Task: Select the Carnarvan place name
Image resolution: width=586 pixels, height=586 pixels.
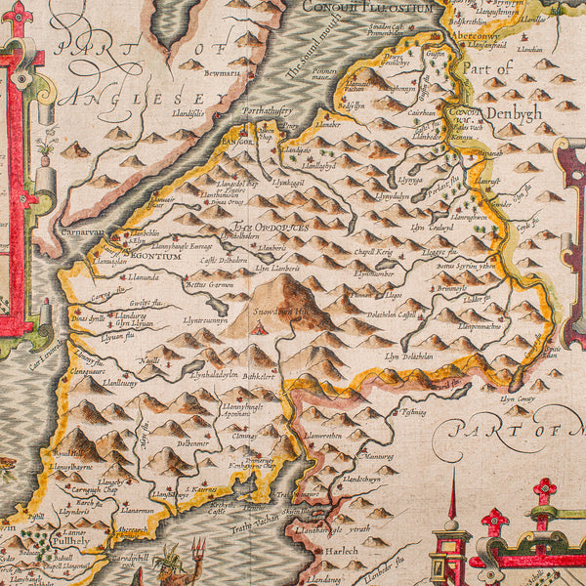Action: [x=87, y=235]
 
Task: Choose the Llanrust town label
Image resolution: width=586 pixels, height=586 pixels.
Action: [x=485, y=182]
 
